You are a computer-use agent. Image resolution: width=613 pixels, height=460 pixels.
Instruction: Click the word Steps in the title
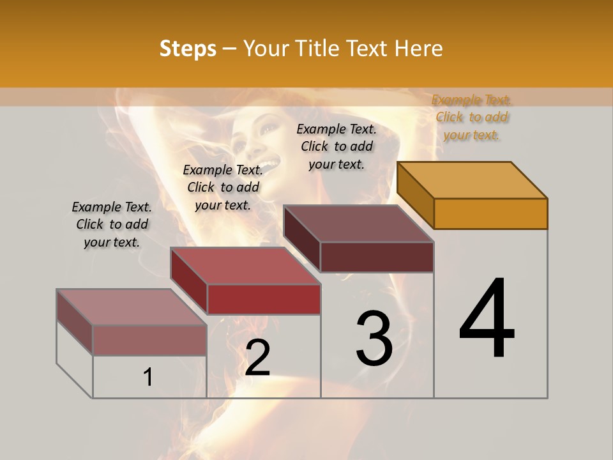pos(188,49)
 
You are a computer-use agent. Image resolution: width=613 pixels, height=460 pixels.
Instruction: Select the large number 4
pos(487,319)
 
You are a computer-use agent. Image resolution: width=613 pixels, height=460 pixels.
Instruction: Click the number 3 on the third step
pos(374,339)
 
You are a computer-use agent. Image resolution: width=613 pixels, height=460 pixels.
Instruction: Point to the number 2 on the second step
pos(257,357)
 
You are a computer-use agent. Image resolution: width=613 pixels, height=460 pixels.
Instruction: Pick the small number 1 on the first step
pos(148,378)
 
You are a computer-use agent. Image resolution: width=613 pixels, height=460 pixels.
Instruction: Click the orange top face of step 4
pos(473,180)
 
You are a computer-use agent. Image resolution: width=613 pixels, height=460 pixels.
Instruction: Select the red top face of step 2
pos(245,266)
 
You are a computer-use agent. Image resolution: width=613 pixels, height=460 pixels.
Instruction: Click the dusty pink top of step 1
pos(132,307)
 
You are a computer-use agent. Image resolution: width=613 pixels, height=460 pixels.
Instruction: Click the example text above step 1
pos(112,224)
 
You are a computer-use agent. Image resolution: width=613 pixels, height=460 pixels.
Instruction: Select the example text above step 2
pos(223,187)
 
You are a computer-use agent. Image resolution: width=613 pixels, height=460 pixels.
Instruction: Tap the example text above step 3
pos(337,146)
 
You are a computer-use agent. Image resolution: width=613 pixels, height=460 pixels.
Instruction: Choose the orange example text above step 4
pos(472,117)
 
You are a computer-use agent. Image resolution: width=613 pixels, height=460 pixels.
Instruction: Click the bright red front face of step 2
pos(264,299)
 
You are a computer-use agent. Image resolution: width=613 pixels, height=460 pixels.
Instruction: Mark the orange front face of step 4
pos(490,213)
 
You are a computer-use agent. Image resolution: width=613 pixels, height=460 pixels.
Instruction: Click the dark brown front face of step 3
pos(377,257)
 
